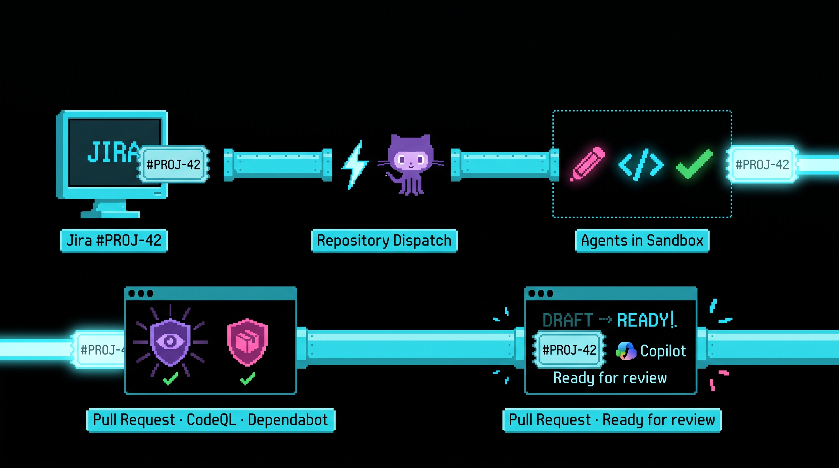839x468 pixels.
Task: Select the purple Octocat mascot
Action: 411,164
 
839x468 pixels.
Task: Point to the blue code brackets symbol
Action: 641,164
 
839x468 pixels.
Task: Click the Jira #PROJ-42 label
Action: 114,240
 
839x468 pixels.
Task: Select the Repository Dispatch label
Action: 384,240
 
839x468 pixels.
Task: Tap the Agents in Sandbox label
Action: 642,240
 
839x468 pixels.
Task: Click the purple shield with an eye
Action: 170,342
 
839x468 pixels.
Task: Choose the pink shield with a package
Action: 247,342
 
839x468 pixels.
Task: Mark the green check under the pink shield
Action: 248,378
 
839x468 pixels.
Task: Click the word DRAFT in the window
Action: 567,320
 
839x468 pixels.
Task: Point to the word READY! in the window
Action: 646,320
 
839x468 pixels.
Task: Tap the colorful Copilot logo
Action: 626,351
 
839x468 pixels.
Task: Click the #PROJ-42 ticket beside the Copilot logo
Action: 569,350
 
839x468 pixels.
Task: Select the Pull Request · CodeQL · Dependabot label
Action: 211,420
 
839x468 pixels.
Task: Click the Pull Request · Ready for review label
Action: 612,420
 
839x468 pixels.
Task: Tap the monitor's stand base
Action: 110,214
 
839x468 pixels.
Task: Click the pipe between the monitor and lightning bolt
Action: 278,165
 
